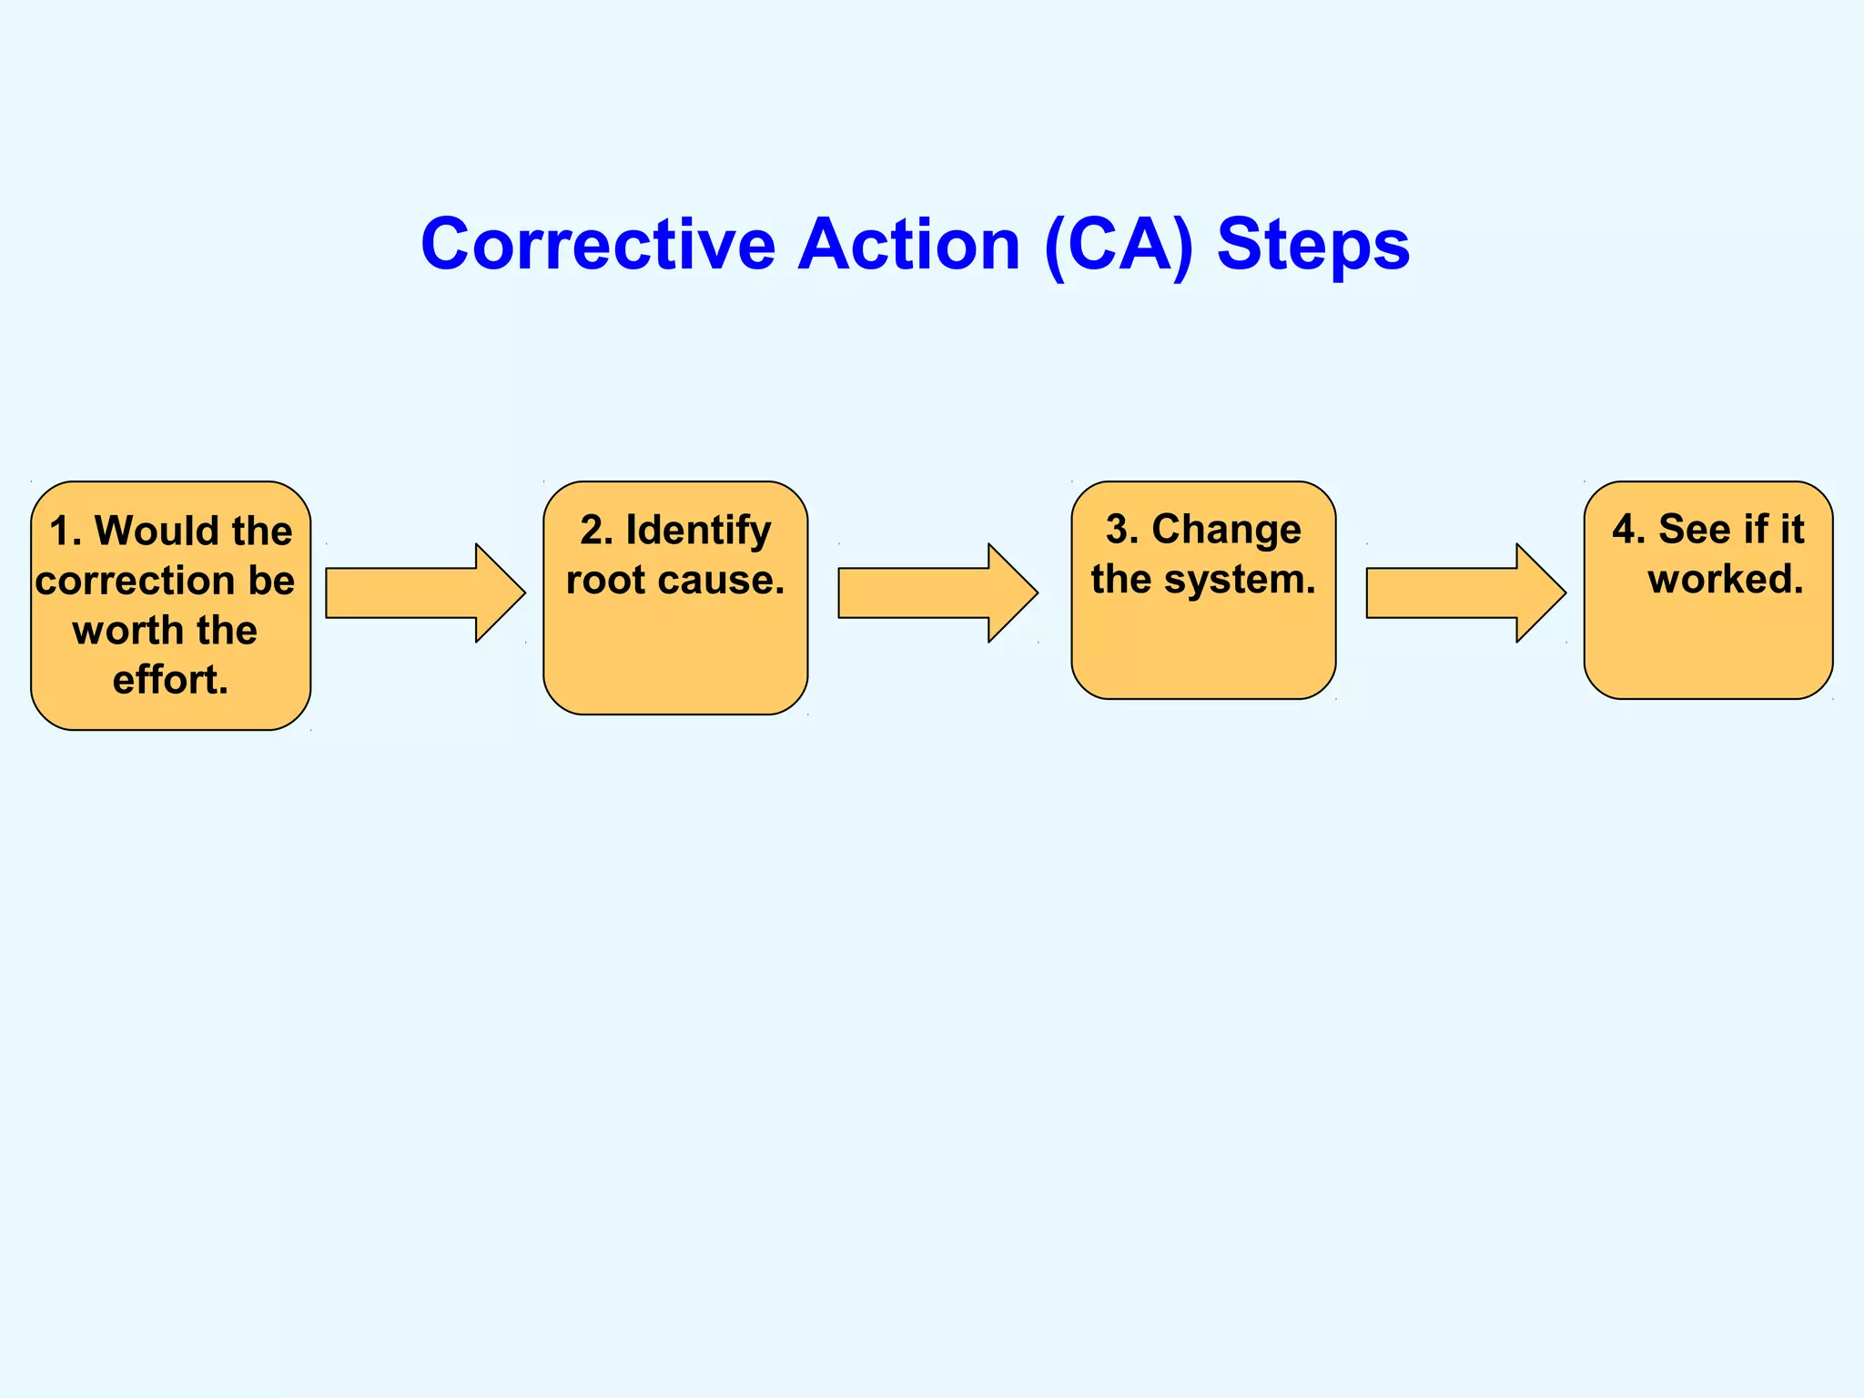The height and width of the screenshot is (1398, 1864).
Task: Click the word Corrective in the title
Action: tap(598, 245)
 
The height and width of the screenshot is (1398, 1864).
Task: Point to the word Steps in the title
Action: tap(1312, 245)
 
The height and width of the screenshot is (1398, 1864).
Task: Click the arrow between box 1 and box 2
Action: tap(424, 593)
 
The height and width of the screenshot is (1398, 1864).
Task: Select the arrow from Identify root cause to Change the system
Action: tap(937, 593)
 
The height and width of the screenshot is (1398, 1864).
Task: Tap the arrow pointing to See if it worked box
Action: tap(1464, 593)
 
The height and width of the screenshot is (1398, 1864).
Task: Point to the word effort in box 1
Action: tap(167, 680)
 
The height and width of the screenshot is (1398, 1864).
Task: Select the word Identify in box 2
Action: tap(698, 531)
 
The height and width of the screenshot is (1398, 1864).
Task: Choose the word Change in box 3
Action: tap(1226, 530)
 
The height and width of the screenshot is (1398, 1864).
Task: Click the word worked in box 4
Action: tap(1725, 580)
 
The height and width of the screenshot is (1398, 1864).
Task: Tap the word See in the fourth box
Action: tap(1694, 530)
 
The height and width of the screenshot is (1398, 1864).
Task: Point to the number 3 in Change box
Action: tap(1118, 530)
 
